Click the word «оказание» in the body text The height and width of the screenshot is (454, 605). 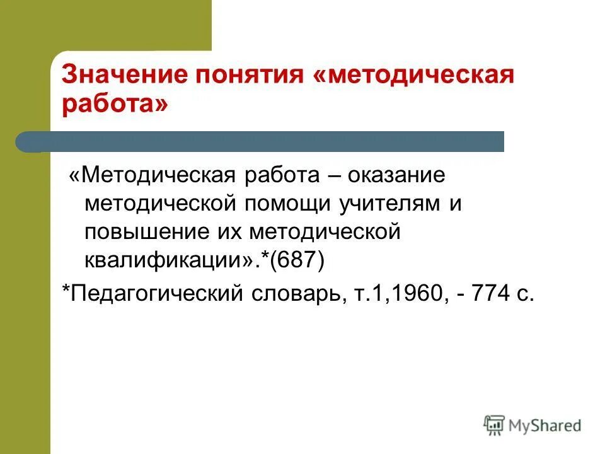[x=404, y=175]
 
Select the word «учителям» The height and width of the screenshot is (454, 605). [x=382, y=204]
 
